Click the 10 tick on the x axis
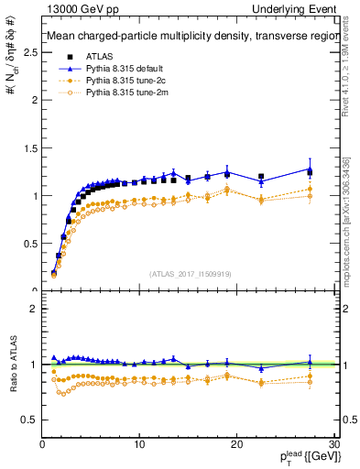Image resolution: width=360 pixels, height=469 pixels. [x=139, y=444]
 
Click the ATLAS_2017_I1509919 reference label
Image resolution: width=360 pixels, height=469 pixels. [x=190, y=272]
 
